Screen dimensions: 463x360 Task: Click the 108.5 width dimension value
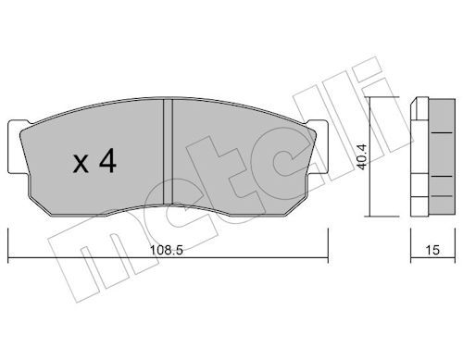[167, 250]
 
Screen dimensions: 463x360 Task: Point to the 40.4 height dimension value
[361, 156]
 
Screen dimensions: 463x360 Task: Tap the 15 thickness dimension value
[432, 250]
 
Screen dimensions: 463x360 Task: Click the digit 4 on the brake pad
[107, 161]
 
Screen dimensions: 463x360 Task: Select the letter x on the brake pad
[81, 164]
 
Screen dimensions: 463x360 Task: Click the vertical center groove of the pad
[168, 152]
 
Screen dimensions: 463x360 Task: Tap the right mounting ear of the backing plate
[317, 147]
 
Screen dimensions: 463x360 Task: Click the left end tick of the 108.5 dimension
[8, 245]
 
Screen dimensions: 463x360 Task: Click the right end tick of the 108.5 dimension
[328, 245]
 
